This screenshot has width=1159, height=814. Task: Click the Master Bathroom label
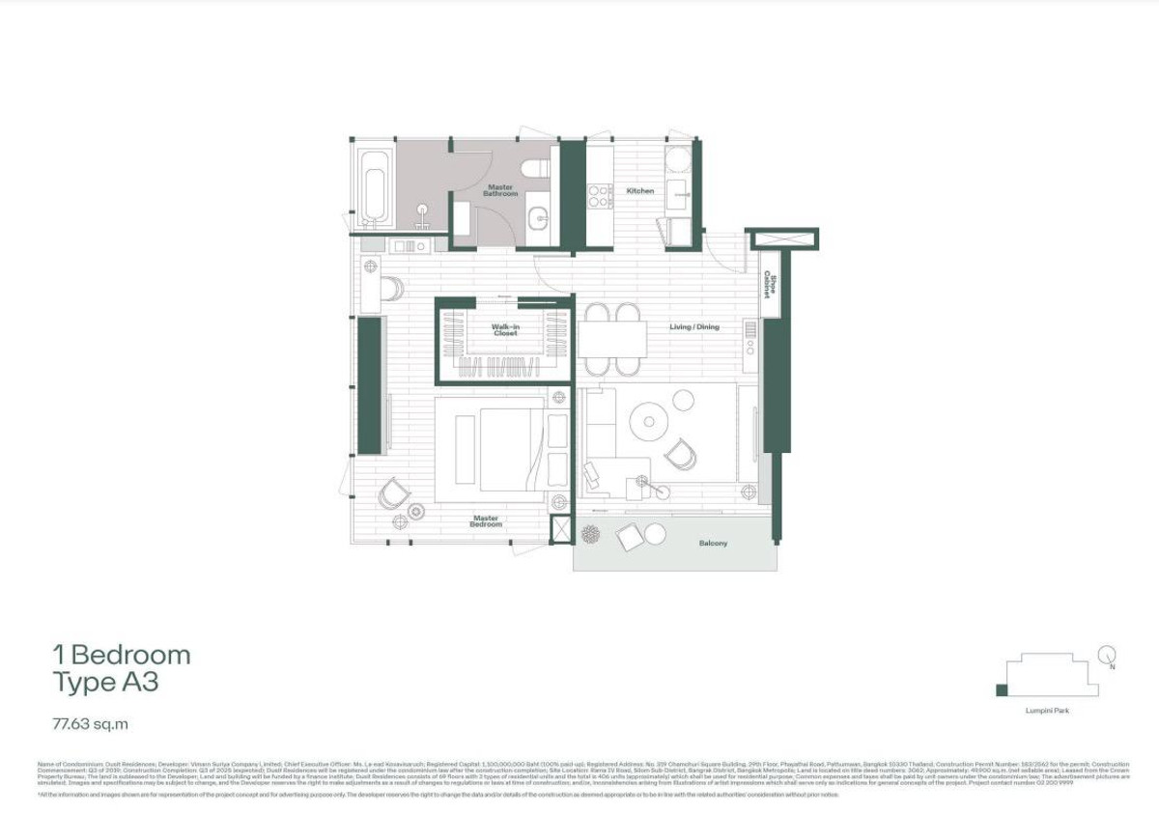[500, 190]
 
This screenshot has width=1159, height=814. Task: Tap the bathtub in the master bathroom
[374, 185]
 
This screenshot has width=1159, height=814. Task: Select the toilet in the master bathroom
[535, 169]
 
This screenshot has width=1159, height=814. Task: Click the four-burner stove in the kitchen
[600, 196]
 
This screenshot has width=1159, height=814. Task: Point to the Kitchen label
[640, 191]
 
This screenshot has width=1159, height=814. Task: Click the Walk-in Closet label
[505, 330]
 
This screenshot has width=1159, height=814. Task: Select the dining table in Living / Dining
[612, 340]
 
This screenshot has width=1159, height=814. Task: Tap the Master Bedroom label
[486, 521]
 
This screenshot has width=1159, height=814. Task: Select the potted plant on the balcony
[590, 531]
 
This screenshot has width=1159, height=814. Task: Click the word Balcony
[713, 544]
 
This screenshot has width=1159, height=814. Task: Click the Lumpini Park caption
[1047, 711]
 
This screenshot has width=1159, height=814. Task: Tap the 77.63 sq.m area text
[91, 722]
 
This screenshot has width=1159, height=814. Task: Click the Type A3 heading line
[105, 684]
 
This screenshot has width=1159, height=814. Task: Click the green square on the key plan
[1002, 689]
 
